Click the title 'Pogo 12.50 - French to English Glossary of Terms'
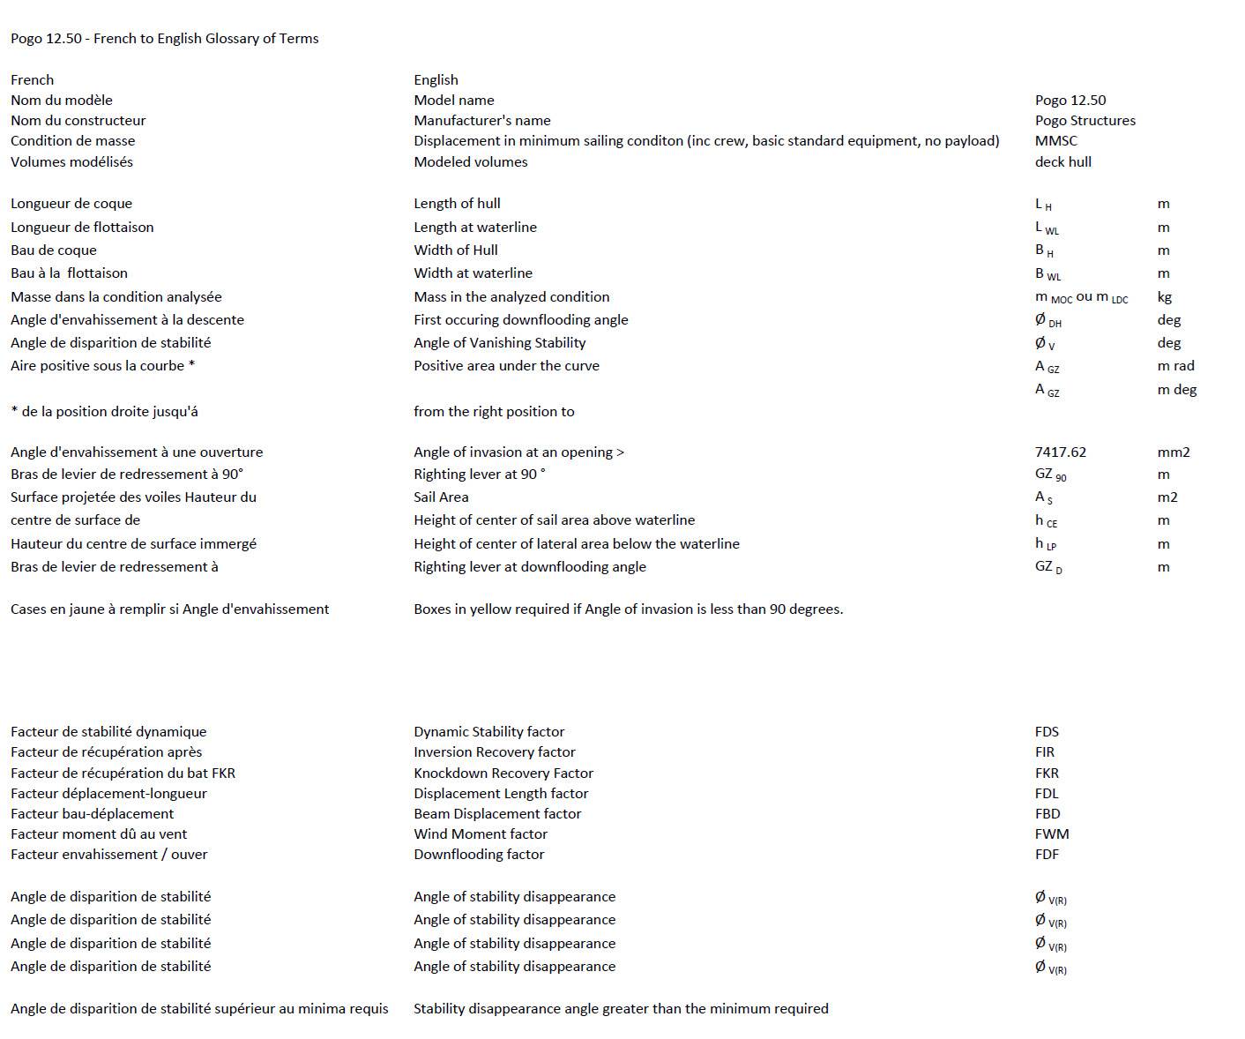[165, 39]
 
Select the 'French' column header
[32, 80]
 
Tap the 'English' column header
[436, 80]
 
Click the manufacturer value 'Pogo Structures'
[1085, 121]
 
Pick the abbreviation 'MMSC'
[1055, 141]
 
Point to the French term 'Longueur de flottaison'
[82, 228]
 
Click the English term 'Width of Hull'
[455, 250]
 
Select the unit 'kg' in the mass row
[1164, 297]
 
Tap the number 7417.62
[1060, 452]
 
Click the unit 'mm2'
[1173, 452]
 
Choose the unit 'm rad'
[1175, 366]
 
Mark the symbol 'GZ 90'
[1050, 475]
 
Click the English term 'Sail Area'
[441, 497]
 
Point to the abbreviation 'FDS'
[1047, 732]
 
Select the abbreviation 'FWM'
[1051, 834]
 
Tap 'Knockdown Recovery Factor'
[503, 774]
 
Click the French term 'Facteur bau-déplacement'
[92, 814]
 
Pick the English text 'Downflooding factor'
[479, 855]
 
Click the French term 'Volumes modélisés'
[71, 162]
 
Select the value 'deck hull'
[1062, 162]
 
